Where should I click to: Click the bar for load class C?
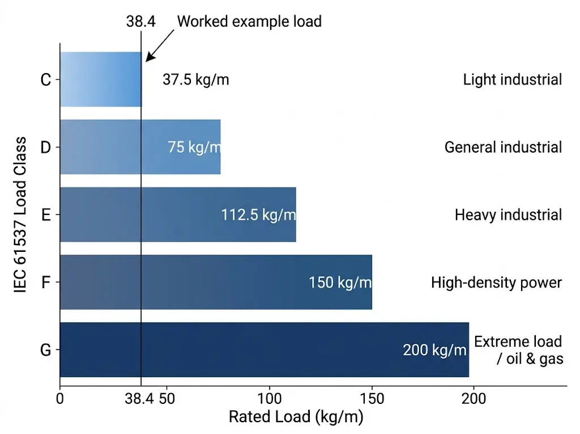pos(100,79)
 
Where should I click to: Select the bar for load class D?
pos(113,147)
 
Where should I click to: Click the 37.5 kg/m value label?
pos(195,79)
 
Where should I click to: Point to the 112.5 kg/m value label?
pos(258,215)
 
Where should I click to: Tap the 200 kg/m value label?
pos(434,350)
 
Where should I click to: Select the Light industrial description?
pos(512,79)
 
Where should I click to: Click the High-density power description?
pos(496,282)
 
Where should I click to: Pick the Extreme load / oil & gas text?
pos(518,350)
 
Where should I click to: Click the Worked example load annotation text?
pos(249,22)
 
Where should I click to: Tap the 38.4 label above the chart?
pos(140,22)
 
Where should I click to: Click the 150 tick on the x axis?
pos(372,399)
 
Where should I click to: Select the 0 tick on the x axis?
pos(60,399)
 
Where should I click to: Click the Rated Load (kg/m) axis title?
pos(295,417)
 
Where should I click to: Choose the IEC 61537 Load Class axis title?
pos(21,214)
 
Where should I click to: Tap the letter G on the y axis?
pos(46,350)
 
